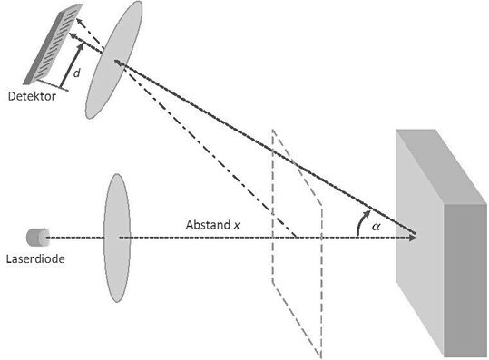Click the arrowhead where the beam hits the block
click(x=413, y=238)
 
